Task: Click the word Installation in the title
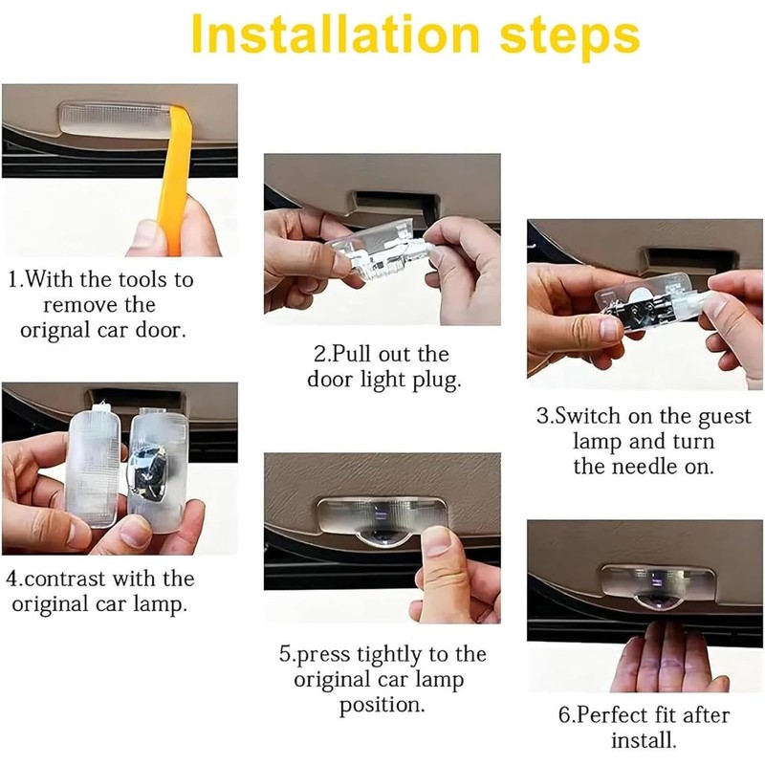pos(336,34)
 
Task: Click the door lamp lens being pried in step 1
pos(115,120)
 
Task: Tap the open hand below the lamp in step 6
pos(668,659)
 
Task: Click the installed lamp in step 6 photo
pos(659,585)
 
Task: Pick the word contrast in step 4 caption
pos(65,579)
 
